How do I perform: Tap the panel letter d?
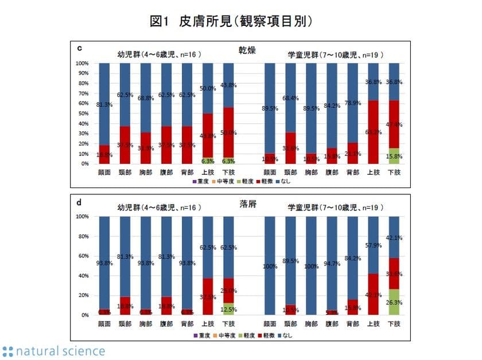tap(79, 202)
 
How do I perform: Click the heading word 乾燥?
tap(247, 50)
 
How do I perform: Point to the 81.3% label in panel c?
tap(104, 105)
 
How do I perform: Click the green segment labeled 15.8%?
tap(394, 156)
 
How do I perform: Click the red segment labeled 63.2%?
tap(373, 132)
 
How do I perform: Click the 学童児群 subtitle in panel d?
tap(336, 207)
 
